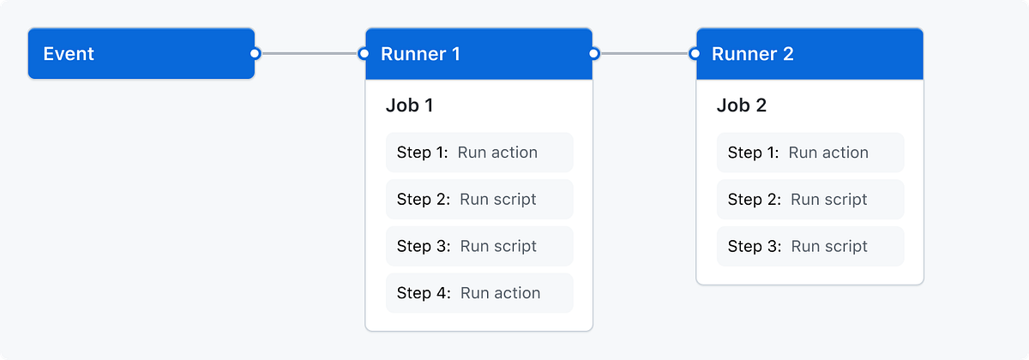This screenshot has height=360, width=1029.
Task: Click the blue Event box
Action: pos(141,54)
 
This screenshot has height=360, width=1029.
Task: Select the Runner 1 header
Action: pos(478,54)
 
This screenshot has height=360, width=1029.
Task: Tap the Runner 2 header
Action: pos(809,54)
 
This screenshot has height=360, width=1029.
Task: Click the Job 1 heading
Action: pos(410,105)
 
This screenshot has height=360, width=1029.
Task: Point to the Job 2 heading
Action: pos(742,105)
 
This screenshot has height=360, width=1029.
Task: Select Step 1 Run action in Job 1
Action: pos(478,153)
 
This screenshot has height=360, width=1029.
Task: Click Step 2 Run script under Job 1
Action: pos(478,200)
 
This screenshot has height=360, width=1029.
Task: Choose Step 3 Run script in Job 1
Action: pos(478,246)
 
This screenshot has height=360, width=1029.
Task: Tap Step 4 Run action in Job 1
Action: pos(478,293)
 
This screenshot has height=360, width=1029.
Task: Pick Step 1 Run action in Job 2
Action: pos(809,153)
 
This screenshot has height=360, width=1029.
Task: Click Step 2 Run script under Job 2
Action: pos(809,200)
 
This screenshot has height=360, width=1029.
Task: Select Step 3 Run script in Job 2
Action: pos(809,246)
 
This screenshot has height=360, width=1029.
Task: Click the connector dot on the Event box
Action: pos(255,54)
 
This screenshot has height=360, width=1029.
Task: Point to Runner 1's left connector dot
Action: pos(364,54)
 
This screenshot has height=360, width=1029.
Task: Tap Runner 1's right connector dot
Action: pos(593,54)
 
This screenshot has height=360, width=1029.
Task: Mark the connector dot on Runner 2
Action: pos(695,54)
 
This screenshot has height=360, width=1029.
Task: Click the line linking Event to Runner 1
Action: pos(310,54)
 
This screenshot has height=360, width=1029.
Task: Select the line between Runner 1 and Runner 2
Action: pos(645,54)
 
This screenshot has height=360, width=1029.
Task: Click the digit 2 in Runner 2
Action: pos(787,54)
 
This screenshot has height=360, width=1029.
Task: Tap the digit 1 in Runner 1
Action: pos(455,54)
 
